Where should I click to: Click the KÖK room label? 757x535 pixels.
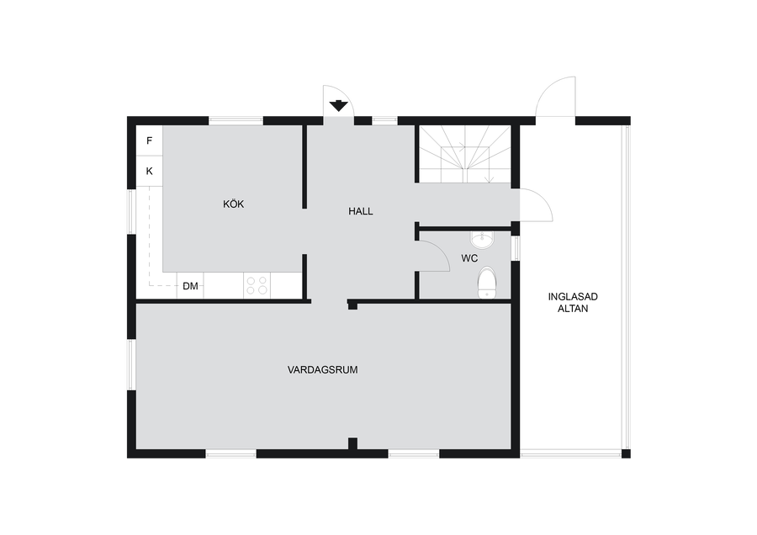coord(233,204)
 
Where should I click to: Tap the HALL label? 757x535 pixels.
coord(361,211)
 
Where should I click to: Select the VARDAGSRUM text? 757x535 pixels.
coord(322,370)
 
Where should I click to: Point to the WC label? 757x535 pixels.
coord(469,258)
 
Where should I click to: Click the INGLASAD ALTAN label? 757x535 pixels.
coord(573,303)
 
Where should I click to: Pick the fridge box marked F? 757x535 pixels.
coord(149,140)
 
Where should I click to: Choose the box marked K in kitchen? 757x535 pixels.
coord(149,171)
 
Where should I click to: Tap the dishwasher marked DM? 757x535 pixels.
coord(190,286)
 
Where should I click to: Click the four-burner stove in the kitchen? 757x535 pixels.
coord(257,285)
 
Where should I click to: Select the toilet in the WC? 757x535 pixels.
coord(487,283)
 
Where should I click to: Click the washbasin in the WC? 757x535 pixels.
coord(481,239)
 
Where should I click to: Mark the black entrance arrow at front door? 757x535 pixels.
coord(338,106)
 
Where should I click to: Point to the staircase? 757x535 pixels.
coord(464,155)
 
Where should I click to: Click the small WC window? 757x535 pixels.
coord(516,247)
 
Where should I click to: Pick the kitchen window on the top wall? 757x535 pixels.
coord(236,121)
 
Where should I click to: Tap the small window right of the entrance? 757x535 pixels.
coord(384,121)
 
